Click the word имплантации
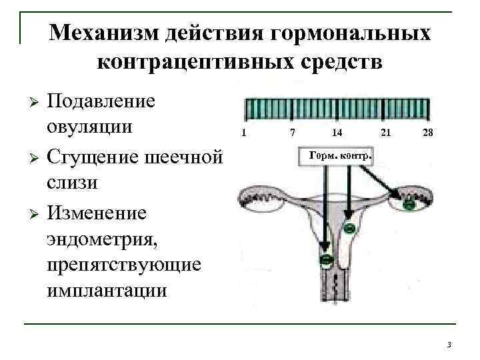pyautogui.click(x=106, y=291)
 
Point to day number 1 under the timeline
pyautogui.click(x=245, y=133)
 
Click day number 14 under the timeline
pyautogui.click(x=337, y=133)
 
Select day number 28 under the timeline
pyautogui.click(x=427, y=133)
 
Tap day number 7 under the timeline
pyautogui.click(x=292, y=133)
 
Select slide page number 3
pyautogui.click(x=449, y=344)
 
